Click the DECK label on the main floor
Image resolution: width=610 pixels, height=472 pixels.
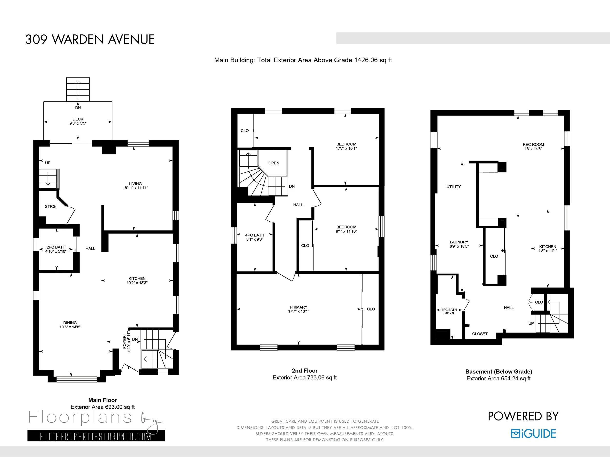click(78, 119)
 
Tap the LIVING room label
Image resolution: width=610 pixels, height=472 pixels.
click(135, 184)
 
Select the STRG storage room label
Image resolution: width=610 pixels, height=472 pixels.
click(50, 206)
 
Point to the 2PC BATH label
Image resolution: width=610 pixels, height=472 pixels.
click(56, 247)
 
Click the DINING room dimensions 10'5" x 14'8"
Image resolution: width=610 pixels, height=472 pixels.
click(70, 327)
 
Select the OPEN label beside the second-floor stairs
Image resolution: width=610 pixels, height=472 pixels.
click(274, 163)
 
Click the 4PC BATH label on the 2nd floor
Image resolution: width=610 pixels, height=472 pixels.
click(255, 235)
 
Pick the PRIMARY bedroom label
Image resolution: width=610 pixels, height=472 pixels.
click(299, 307)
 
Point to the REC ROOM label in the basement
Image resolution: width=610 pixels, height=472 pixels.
click(533, 145)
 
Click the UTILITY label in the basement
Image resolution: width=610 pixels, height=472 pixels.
click(454, 186)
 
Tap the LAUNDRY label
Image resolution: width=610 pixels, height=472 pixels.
click(459, 242)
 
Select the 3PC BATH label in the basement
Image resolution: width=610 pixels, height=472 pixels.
click(449, 310)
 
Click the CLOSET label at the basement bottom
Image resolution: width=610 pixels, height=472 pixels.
click(480, 334)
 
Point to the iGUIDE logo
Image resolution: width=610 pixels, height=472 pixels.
click(533, 434)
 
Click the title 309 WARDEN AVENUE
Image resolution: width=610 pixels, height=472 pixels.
click(90, 39)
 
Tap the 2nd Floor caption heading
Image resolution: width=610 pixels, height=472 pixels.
click(305, 371)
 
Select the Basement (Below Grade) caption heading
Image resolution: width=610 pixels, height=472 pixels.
click(498, 372)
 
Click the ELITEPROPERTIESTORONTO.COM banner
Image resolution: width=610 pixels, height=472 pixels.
click(96, 436)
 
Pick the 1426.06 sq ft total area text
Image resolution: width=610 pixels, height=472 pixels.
click(373, 60)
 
